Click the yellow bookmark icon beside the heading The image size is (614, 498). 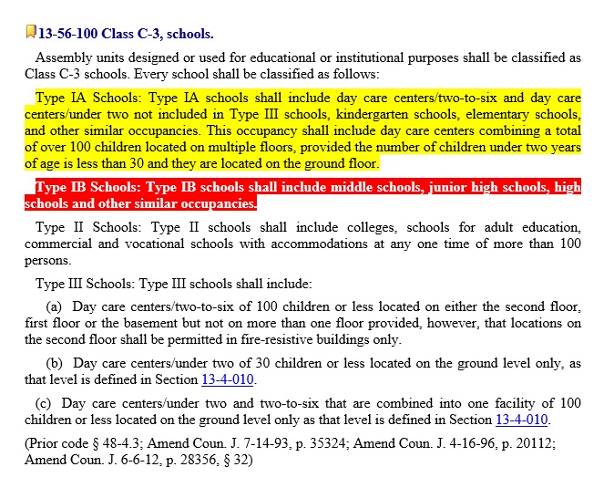coord(31,33)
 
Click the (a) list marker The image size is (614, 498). coord(54,307)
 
